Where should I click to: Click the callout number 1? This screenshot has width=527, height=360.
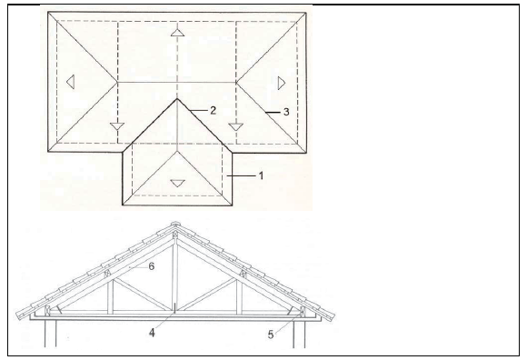[x=261, y=175]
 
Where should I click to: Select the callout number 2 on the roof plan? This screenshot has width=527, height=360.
[x=213, y=110]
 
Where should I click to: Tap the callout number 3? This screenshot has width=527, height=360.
[x=286, y=112]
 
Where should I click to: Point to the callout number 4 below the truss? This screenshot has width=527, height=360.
[x=152, y=333]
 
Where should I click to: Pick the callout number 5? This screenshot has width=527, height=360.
[x=271, y=335]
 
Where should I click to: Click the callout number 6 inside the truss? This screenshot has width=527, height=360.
[x=151, y=266]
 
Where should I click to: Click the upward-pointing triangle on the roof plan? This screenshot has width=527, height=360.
[x=177, y=32]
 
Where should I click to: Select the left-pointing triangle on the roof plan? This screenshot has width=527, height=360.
[x=70, y=82]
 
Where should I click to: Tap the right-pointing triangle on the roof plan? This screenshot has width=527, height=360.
[x=282, y=83]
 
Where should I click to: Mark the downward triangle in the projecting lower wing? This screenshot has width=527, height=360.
[x=177, y=184]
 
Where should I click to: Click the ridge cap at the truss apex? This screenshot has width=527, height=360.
[x=175, y=225]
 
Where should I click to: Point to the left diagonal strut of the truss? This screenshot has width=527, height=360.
[x=143, y=295]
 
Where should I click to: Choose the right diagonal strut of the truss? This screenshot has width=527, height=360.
[x=207, y=295]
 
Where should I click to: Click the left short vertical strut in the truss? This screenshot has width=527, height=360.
[x=110, y=296]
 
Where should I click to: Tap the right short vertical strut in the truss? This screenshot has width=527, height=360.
[x=239, y=296]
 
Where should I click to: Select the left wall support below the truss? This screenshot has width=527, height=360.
[x=50, y=334]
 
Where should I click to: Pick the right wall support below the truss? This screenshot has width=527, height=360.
[x=299, y=334]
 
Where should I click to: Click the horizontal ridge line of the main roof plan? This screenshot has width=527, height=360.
[x=176, y=82]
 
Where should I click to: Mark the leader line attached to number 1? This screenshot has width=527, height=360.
[x=242, y=175]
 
